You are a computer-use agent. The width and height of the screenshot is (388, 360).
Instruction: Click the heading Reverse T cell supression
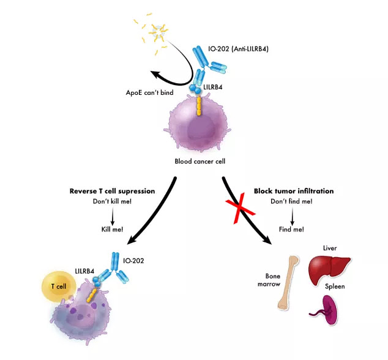[113, 191]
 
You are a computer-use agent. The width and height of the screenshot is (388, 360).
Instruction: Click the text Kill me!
[112, 229]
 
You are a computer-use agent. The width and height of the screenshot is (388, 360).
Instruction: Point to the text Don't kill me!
[113, 201]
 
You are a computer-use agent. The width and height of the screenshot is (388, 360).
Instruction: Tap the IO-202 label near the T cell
[133, 260]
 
